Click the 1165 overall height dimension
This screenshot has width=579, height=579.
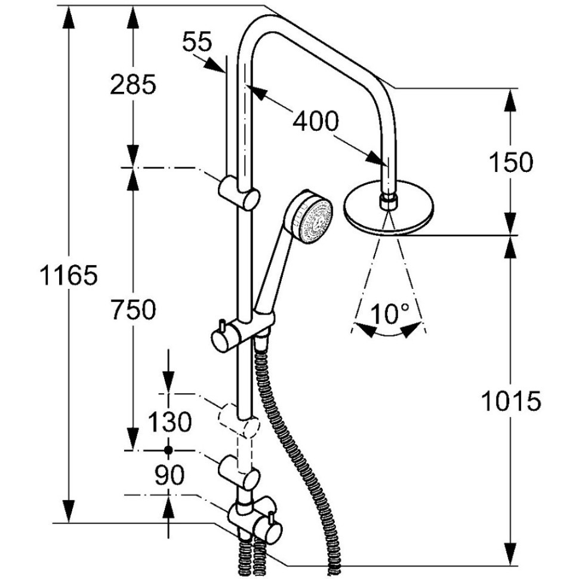pos(69,275)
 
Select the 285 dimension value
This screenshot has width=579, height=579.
pos(133,84)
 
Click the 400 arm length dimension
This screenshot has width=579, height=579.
pos(316,121)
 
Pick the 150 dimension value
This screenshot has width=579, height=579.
pos(512,162)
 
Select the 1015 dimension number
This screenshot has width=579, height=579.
pos(512,401)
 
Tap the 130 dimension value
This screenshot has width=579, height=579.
pos(170,421)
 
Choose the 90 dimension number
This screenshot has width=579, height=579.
pos(169,475)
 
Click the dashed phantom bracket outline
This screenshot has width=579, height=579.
pos(239,421)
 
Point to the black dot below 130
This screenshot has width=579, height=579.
pos(168,449)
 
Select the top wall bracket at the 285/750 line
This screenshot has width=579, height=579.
pos(239,193)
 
